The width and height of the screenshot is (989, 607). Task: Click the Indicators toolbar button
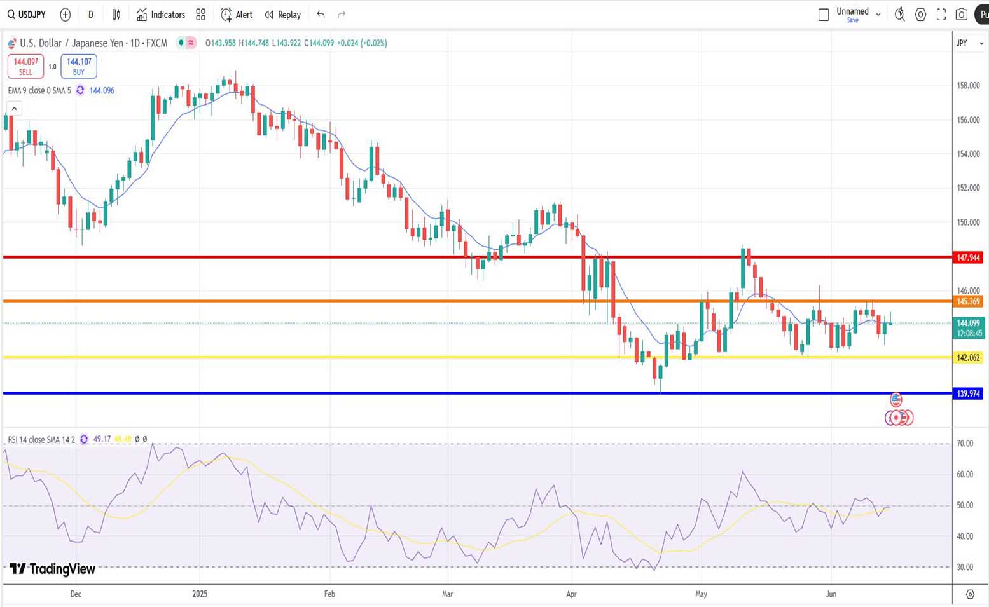pos(161,15)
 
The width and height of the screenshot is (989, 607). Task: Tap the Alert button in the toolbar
pos(237,15)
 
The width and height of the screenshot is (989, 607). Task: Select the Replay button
pos(282,15)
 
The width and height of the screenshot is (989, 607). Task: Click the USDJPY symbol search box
pos(27,15)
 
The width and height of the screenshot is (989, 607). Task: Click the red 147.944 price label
pos(968,257)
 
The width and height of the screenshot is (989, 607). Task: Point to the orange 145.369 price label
pos(968,302)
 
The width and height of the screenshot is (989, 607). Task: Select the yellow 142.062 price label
pos(968,358)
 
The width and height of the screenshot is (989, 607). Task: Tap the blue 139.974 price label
pos(968,394)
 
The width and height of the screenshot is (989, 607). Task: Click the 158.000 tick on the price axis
pos(968,86)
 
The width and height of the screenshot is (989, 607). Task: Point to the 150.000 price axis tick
pos(968,222)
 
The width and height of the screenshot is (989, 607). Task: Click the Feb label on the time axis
pos(329,594)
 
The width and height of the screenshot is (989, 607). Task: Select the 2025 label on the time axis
pos(200,594)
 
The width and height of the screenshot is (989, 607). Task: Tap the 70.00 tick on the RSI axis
pos(965,444)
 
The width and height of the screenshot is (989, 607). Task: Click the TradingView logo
pos(52,569)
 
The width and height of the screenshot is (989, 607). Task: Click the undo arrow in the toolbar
pos(321,15)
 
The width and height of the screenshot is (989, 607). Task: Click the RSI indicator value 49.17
pos(102,439)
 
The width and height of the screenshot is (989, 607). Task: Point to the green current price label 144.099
pos(968,323)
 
